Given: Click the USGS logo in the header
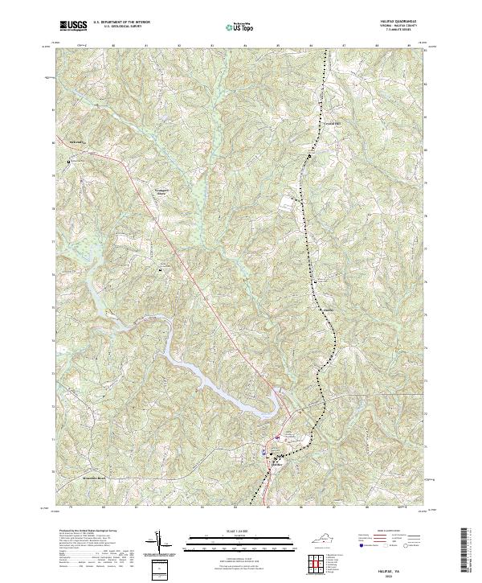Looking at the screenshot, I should (74, 26).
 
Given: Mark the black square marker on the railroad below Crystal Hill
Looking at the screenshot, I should (306, 156).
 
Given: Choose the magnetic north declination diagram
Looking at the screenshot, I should (161, 544).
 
